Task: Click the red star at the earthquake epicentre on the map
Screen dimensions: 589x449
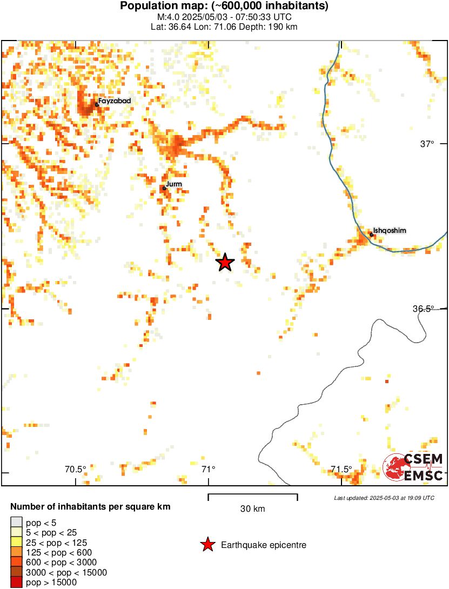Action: (x=225, y=263)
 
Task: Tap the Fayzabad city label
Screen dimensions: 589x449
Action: (x=115, y=101)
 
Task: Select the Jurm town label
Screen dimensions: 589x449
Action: (x=174, y=184)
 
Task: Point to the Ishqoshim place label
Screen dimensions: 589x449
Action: (x=390, y=231)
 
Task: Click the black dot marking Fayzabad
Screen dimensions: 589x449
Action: (x=97, y=104)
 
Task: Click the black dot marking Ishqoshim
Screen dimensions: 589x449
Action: (x=372, y=235)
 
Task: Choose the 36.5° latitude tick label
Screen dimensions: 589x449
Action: (x=423, y=309)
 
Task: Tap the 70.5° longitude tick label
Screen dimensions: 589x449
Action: (x=76, y=468)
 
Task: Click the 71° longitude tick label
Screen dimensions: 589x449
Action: (x=208, y=468)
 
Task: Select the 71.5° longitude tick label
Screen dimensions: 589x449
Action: (x=341, y=468)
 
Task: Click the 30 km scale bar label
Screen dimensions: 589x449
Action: (x=252, y=508)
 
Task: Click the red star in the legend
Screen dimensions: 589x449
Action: (x=207, y=545)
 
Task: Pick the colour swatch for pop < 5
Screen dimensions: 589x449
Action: (x=16, y=522)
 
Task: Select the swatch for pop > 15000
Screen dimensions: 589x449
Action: (x=16, y=582)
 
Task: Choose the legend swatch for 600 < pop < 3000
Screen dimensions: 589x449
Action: (x=16, y=562)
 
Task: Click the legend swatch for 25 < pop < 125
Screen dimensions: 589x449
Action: (x=16, y=542)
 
